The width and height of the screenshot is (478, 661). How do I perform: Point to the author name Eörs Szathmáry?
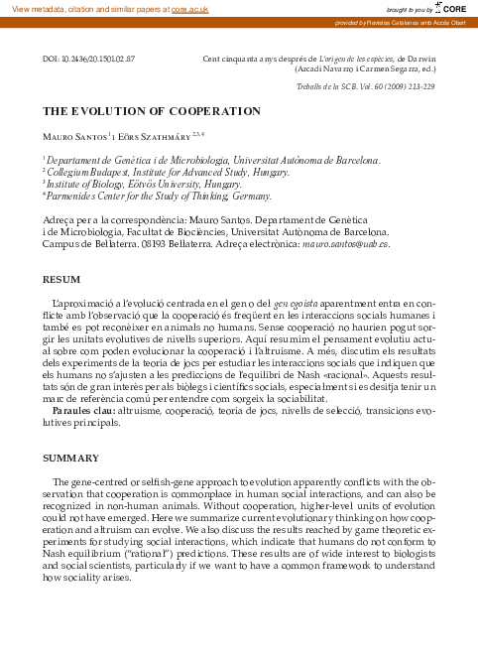tap(151, 135)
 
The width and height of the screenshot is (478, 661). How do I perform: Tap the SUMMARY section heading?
tap(69, 460)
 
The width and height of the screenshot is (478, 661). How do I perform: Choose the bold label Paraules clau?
tap(83, 410)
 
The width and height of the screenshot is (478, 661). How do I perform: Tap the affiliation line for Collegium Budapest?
tap(154, 172)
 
